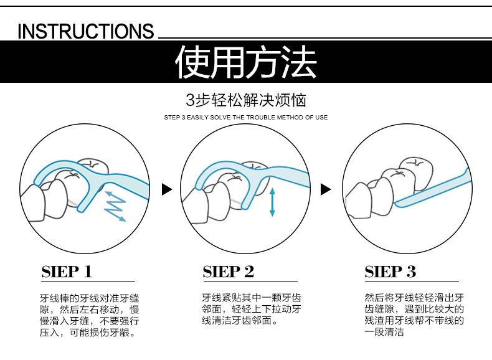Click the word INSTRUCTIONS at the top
tap(85, 31)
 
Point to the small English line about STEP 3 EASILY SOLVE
tap(245, 117)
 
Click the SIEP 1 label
tap(67, 272)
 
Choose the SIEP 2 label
tap(229, 272)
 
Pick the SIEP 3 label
tap(390, 272)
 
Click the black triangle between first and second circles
tap(166, 189)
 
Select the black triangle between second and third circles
tap(324, 189)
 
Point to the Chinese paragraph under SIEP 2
tap(252, 309)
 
